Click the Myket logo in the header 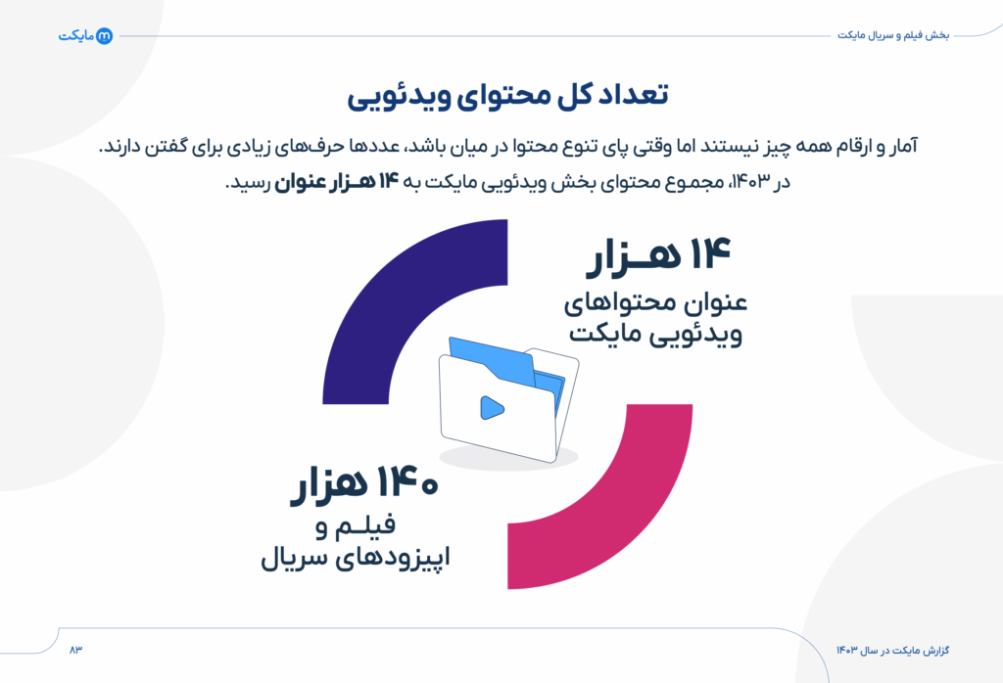click(x=85, y=35)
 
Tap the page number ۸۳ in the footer click(x=76, y=650)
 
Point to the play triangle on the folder click(x=490, y=406)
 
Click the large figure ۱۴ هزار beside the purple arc click(x=659, y=257)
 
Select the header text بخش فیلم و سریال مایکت click(x=893, y=35)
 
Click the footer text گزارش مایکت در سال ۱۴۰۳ click(x=892, y=650)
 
